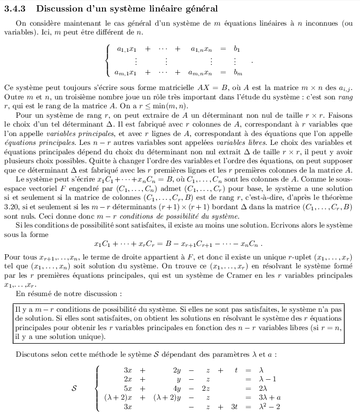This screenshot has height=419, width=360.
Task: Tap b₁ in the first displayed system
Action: pos(237,49)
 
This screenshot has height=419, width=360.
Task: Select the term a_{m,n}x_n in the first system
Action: pos(200,73)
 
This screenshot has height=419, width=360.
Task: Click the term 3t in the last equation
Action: pos(234,407)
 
